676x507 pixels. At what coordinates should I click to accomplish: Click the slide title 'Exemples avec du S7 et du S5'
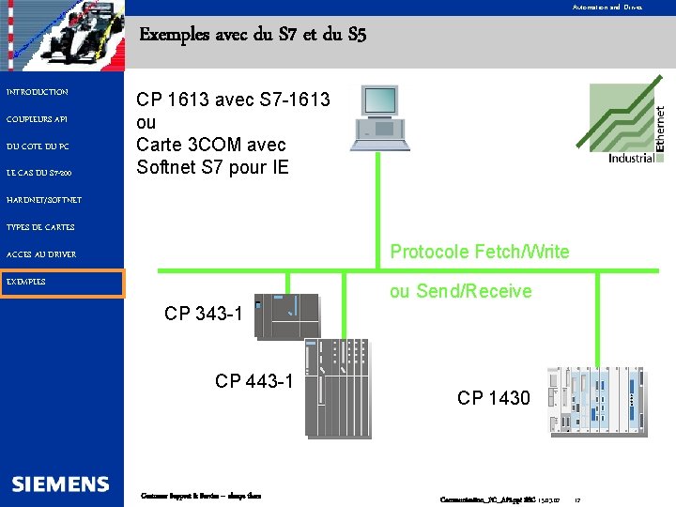pyautogui.click(x=253, y=36)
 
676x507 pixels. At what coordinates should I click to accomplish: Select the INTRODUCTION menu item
pyautogui.click(x=38, y=92)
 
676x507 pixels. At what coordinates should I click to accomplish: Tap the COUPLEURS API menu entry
pyautogui.click(x=37, y=119)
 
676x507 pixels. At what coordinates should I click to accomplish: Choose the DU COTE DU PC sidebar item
pyautogui.click(x=38, y=146)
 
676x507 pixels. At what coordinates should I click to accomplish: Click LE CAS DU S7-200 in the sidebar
pyautogui.click(x=38, y=173)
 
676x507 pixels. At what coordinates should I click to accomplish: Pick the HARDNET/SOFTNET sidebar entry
pyautogui.click(x=44, y=200)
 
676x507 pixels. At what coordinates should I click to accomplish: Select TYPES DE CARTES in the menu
pyautogui.click(x=40, y=227)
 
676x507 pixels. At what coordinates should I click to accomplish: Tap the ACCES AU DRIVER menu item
pyautogui.click(x=41, y=254)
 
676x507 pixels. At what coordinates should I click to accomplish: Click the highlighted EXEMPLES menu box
pyautogui.click(x=63, y=283)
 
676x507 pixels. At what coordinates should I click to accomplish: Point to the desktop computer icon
pyautogui.click(x=379, y=118)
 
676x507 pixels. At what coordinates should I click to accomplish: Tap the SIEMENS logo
pyautogui.click(x=61, y=484)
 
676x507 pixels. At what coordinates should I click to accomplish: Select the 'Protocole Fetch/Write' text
pyautogui.click(x=479, y=252)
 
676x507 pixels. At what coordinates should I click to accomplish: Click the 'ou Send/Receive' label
pyautogui.click(x=460, y=291)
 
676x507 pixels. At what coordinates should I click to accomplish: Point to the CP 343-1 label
pyautogui.click(x=203, y=314)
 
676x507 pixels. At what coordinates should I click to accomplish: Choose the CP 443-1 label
pyautogui.click(x=253, y=380)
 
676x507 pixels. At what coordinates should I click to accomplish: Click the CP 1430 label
pyautogui.click(x=493, y=398)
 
